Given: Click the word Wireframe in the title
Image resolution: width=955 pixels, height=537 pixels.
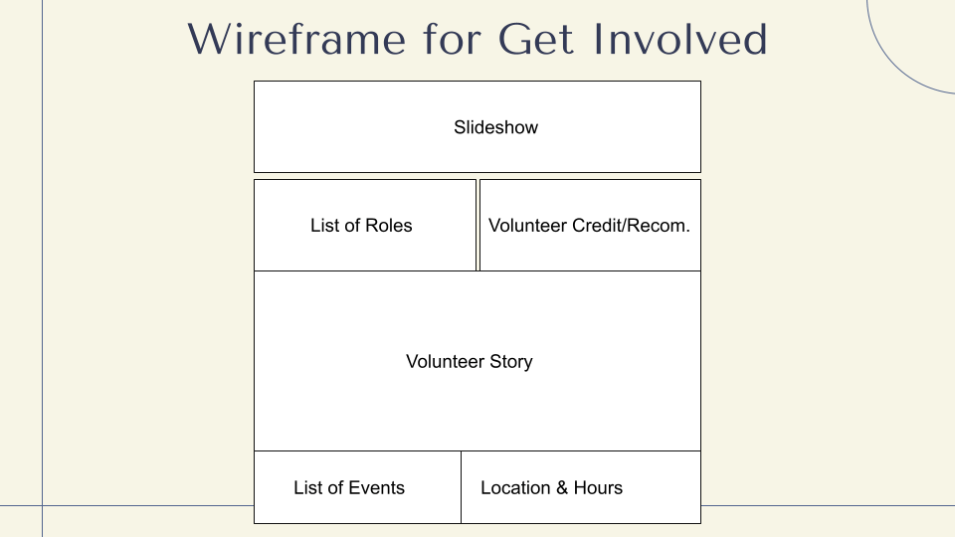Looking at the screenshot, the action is [x=296, y=39].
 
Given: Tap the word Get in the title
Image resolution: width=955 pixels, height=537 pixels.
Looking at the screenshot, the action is [x=536, y=39].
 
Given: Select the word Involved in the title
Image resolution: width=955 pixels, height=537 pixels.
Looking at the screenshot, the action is [x=680, y=39].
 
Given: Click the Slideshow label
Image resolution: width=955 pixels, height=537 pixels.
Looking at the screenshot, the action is [x=495, y=127].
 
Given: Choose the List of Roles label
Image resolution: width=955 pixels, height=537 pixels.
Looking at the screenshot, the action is [x=361, y=226].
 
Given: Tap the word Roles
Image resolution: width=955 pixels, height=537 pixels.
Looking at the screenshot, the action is [x=388, y=226].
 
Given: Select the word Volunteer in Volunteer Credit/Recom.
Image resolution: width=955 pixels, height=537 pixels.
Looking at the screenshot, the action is [x=527, y=226].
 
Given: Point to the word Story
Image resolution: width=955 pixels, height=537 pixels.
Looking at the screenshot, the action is [x=511, y=362].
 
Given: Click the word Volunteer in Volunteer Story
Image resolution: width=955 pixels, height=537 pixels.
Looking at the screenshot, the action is [x=446, y=361].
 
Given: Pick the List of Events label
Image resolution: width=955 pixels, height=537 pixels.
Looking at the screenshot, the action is [x=349, y=487].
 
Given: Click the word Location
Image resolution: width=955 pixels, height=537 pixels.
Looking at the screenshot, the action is [x=515, y=487].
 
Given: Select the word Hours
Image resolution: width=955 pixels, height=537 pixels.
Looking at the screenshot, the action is [x=598, y=487].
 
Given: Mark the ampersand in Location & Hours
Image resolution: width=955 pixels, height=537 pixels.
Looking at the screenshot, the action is [x=562, y=487].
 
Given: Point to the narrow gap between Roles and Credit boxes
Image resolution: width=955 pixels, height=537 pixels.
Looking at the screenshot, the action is [x=478, y=226].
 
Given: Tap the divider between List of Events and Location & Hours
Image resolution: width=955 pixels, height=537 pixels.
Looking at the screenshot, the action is [x=461, y=487].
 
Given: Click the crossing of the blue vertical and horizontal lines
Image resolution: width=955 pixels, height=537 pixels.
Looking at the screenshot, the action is [x=42, y=505].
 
